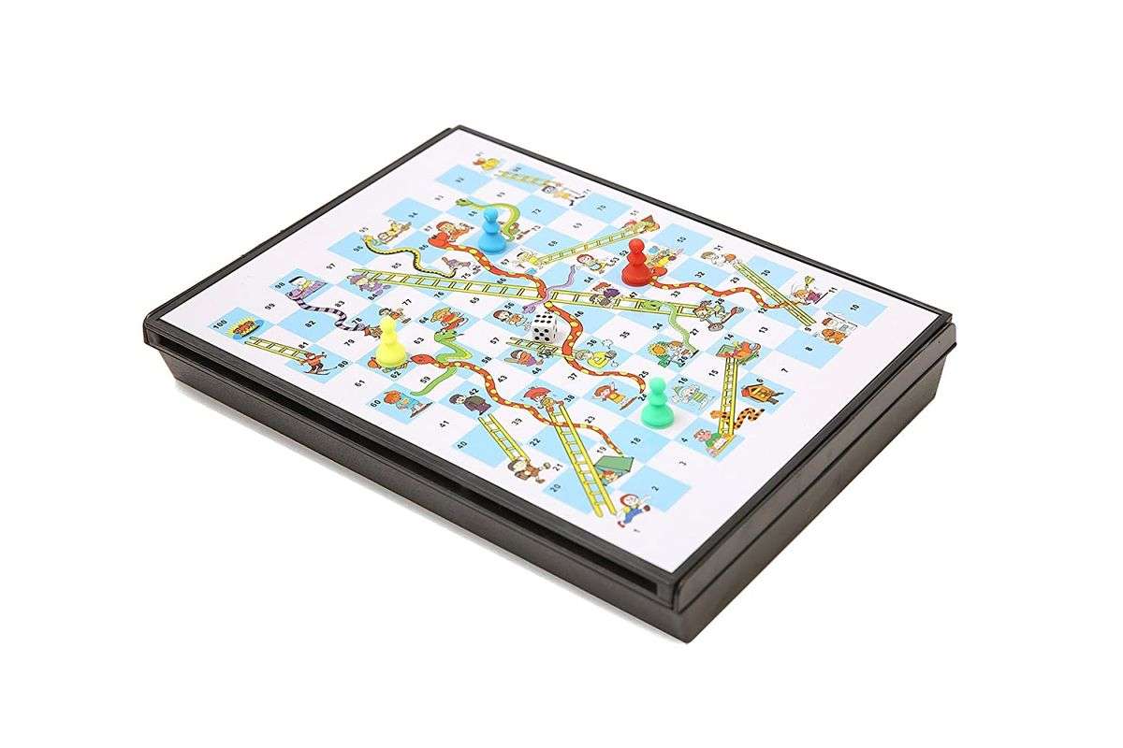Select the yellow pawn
pyautogui.click(x=389, y=342)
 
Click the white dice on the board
pyautogui.click(x=543, y=326)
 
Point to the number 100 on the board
pyautogui.click(x=221, y=324)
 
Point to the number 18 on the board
pyautogui.click(x=636, y=439)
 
